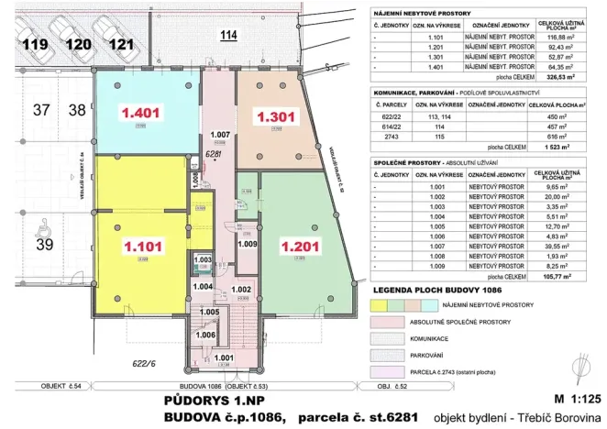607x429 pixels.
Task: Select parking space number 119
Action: [36, 43]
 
